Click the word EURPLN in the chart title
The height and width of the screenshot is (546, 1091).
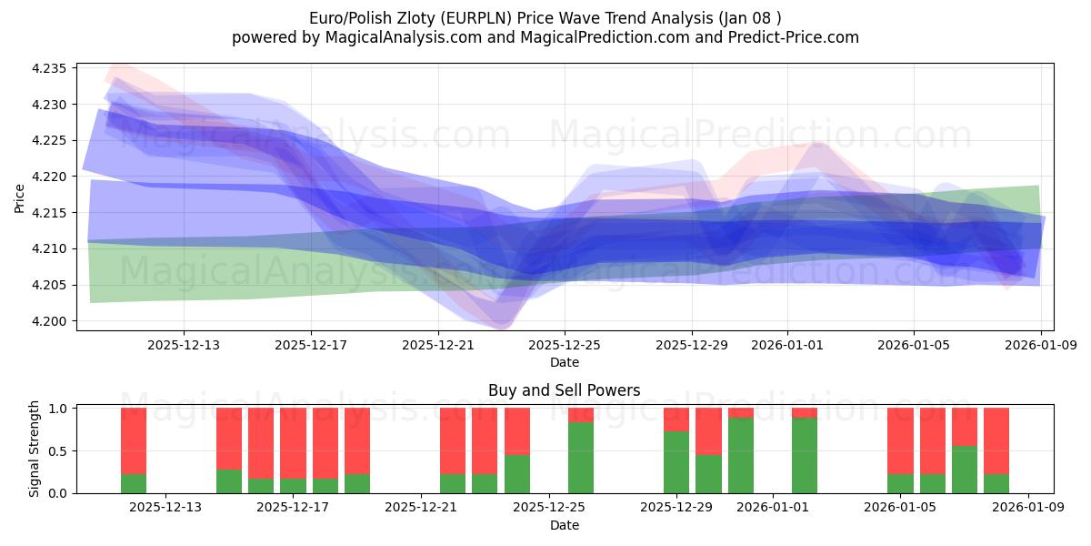pyautogui.click(x=504, y=18)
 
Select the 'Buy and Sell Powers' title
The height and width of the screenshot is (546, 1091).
pyautogui.click(x=564, y=390)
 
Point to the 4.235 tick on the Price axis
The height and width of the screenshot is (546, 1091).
pyautogui.click(x=50, y=69)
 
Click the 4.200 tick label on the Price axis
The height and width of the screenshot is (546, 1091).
pyautogui.click(x=50, y=321)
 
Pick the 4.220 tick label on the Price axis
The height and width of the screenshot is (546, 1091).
pyautogui.click(x=50, y=177)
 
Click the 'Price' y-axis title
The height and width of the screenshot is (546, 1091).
pyautogui.click(x=20, y=198)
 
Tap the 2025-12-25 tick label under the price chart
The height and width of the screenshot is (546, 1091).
pyautogui.click(x=565, y=345)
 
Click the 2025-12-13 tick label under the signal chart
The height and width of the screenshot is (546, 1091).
pyautogui.click(x=165, y=508)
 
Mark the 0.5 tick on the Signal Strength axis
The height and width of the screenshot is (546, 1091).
pyautogui.click(x=58, y=451)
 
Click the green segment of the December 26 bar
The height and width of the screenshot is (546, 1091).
pyautogui.click(x=581, y=458)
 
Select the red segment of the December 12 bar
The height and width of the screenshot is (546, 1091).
pyautogui.click(x=134, y=440)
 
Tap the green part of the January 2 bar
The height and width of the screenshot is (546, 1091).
pyautogui.click(x=805, y=455)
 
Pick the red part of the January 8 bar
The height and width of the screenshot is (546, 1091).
pyautogui.click(x=996, y=440)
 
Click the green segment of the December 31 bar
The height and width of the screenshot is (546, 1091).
pyautogui.click(x=741, y=455)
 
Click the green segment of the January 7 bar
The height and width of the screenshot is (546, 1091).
pyautogui.click(x=965, y=470)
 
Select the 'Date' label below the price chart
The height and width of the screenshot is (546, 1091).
pyautogui.click(x=564, y=362)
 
